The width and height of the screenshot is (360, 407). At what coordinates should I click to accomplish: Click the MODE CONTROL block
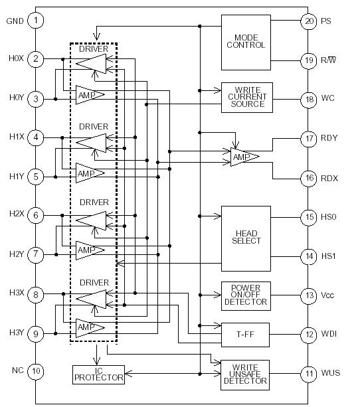coord(246,41)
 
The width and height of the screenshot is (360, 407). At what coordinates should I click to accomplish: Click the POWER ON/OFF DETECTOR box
coord(246,295)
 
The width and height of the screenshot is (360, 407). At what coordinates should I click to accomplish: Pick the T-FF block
coord(246,334)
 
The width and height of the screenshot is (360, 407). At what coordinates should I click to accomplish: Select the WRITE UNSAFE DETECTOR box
coord(246,374)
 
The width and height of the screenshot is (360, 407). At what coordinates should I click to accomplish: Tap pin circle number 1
coord(36,21)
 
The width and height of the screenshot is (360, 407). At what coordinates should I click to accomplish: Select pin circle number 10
coord(36,370)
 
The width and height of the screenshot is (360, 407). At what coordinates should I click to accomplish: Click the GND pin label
coord(15,21)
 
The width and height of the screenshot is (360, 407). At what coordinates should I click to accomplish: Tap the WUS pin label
coord(331,373)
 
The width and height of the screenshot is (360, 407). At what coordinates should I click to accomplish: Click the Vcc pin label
coord(329,295)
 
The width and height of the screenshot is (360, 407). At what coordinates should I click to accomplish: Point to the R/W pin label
coord(330,60)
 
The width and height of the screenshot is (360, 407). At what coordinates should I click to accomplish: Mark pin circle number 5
coord(36,177)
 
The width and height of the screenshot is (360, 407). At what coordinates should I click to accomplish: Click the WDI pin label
coord(331,334)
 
